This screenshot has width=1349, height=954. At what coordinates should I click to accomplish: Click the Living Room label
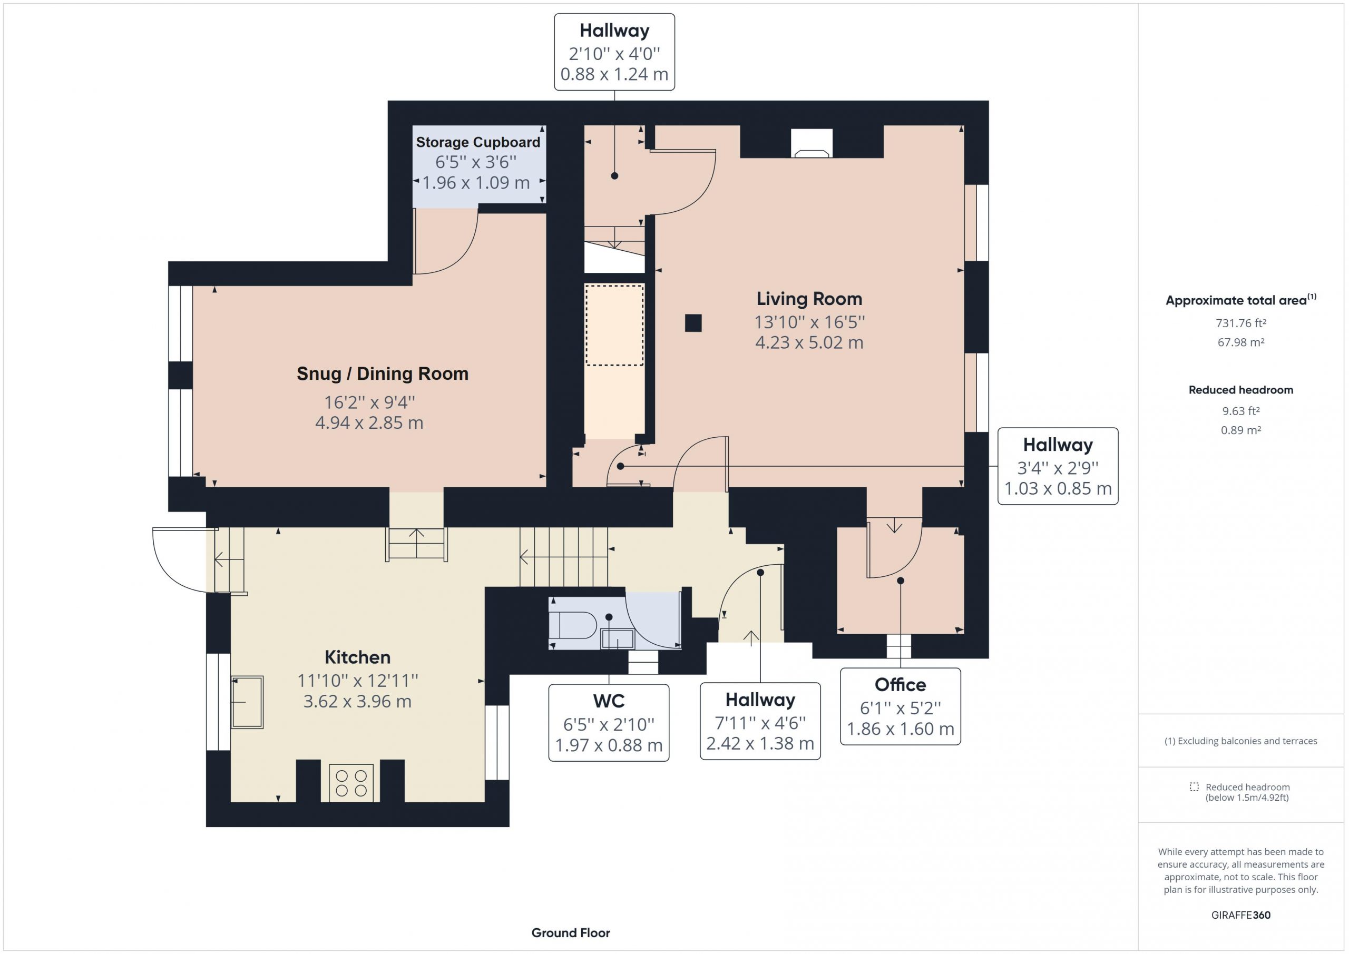coord(809,299)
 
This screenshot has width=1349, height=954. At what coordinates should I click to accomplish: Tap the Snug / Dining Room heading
coord(383,373)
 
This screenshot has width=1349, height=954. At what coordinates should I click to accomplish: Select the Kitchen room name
coord(357,657)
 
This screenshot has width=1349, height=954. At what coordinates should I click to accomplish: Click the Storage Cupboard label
coord(477,142)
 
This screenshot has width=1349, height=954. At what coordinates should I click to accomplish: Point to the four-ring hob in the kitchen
coord(351,783)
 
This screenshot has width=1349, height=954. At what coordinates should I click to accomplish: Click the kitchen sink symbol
coord(247,702)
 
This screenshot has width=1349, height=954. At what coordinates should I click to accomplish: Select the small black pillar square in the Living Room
coord(693,323)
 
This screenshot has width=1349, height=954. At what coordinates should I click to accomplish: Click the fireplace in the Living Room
coord(812,143)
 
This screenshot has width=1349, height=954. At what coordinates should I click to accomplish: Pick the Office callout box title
coord(900,685)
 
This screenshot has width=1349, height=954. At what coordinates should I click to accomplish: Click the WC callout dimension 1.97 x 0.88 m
coord(609,745)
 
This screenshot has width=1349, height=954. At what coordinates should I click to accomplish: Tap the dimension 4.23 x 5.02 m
coord(809,342)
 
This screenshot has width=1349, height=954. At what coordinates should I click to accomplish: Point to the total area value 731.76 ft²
coord(1241,323)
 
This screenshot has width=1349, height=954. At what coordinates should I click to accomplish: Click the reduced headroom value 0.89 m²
coord(1241,430)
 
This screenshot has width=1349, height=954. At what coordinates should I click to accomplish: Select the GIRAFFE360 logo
coord(1241,915)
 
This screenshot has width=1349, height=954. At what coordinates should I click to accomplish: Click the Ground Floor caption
coord(571,933)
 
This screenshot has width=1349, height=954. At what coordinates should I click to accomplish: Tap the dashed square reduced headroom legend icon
coord(1194,786)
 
